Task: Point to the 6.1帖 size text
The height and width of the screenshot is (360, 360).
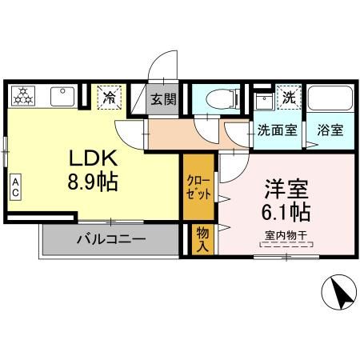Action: tap(286, 213)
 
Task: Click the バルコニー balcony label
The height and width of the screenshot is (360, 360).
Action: tap(110, 238)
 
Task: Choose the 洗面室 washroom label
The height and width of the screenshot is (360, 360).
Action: tap(274, 129)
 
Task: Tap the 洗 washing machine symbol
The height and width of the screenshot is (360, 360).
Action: tap(289, 96)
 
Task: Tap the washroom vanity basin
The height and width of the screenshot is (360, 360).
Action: tap(262, 102)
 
